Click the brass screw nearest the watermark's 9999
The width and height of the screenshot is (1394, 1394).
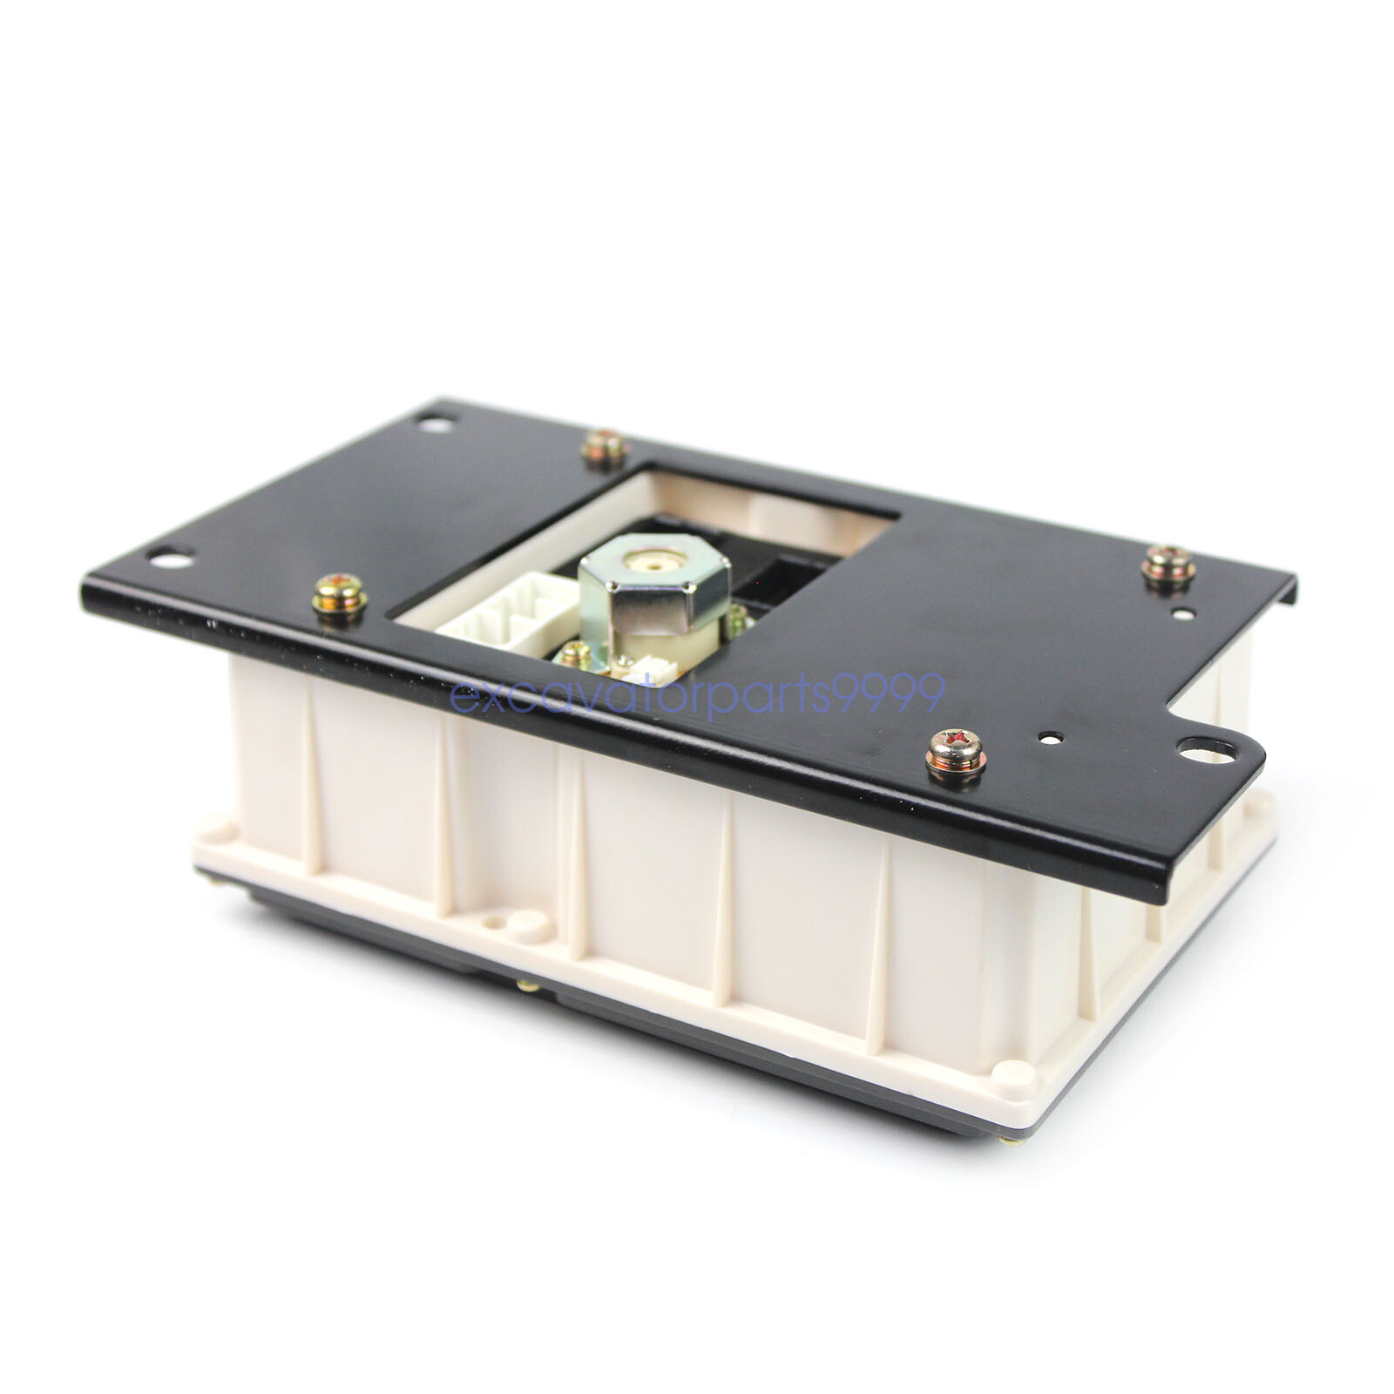(956, 755)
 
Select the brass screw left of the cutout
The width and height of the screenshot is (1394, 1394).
(340, 597)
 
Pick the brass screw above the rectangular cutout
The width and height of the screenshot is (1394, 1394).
(605, 449)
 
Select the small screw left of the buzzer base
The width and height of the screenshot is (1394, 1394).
(575, 654)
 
